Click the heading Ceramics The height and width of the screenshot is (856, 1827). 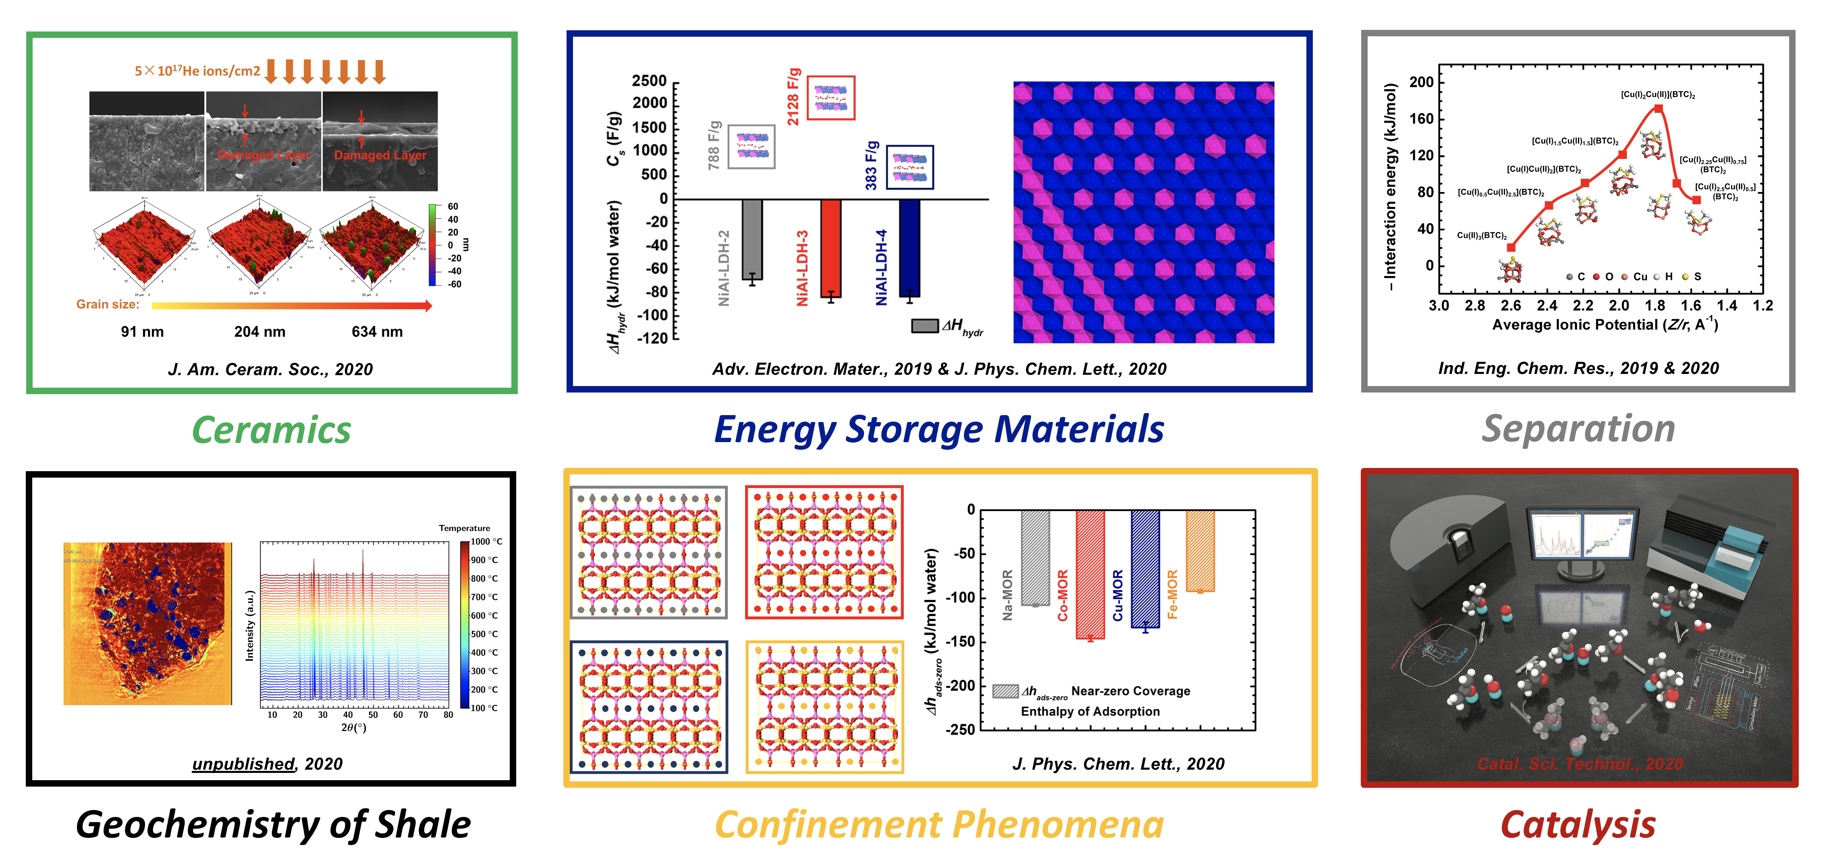click(x=272, y=430)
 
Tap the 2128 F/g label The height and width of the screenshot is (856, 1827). click(x=794, y=97)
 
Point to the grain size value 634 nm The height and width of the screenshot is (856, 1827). click(x=377, y=332)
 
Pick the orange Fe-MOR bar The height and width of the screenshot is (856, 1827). click(x=1200, y=551)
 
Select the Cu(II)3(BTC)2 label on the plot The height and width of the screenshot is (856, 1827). click(x=1482, y=236)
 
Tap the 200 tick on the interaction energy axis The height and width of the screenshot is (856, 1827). click(x=1421, y=82)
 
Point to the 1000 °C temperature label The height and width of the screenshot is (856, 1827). click(x=486, y=542)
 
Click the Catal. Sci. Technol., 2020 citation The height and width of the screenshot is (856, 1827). click(x=1580, y=764)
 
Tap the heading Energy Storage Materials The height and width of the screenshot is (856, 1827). click(x=939, y=430)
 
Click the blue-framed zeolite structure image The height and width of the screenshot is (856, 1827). click(x=649, y=707)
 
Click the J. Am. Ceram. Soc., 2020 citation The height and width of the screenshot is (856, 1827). click(x=270, y=369)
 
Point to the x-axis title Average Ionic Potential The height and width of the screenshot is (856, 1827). click(x=1604, y=325)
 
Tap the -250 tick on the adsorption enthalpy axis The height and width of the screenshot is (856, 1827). click(x=962, y=730)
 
